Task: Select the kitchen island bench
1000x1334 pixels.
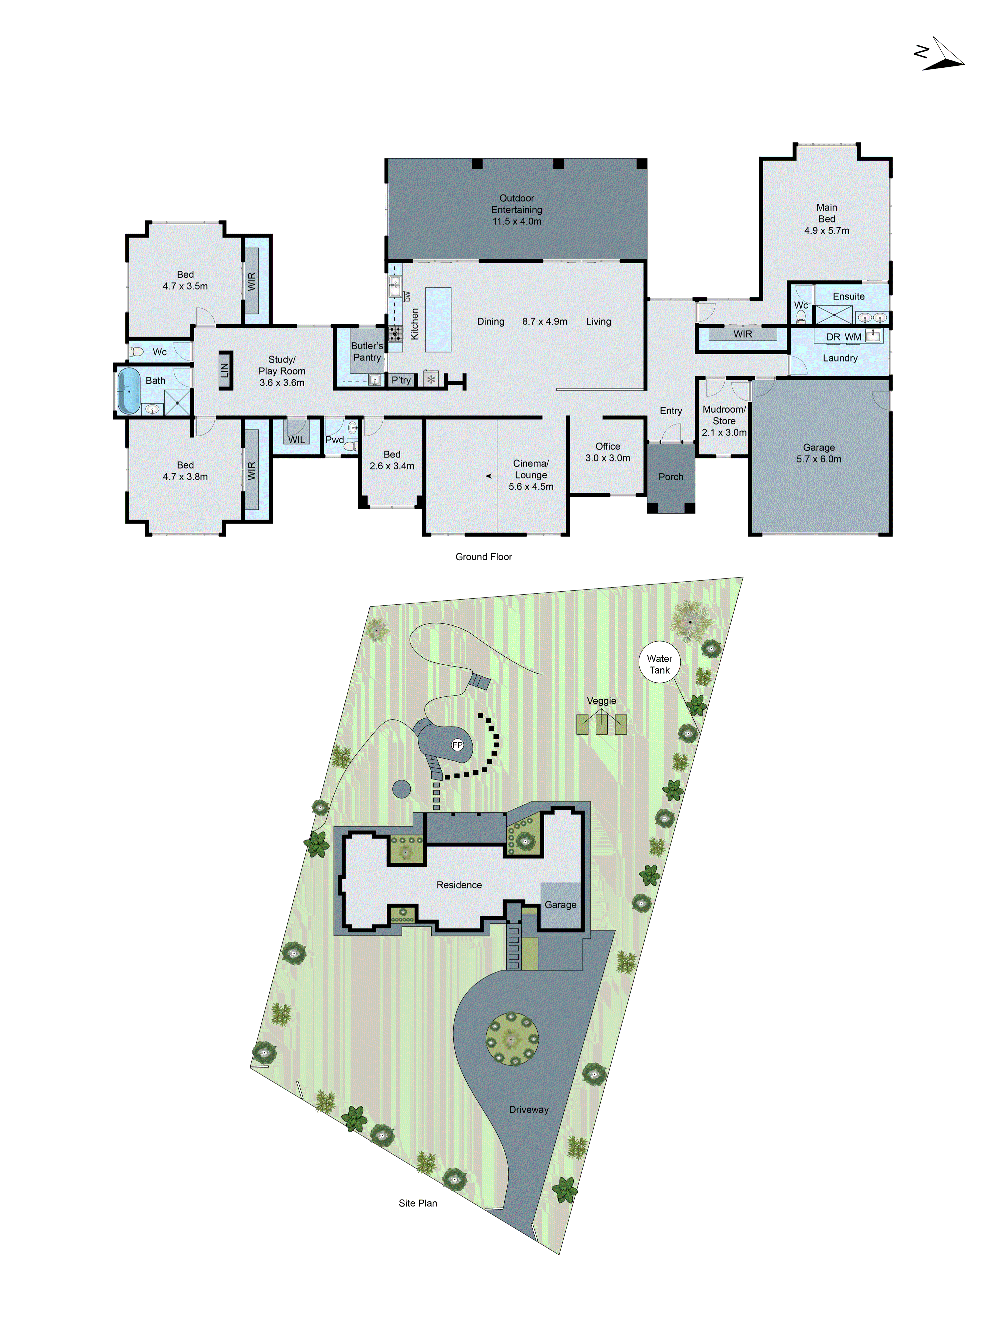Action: (x=438, y=319)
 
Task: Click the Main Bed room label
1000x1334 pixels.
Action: (x=826, y=213)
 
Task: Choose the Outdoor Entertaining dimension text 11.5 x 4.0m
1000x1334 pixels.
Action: (x=517, y=221)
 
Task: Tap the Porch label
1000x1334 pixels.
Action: (x=671, y=477)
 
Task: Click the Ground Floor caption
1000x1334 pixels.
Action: (x=483, y=557)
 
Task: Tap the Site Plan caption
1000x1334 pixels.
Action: (x=418, y=1203)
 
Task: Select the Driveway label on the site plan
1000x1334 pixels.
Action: (x=529, y=1110)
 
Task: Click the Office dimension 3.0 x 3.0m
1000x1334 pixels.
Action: (x=608, y=458)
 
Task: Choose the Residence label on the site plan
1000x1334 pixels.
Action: (x=459, y=885)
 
